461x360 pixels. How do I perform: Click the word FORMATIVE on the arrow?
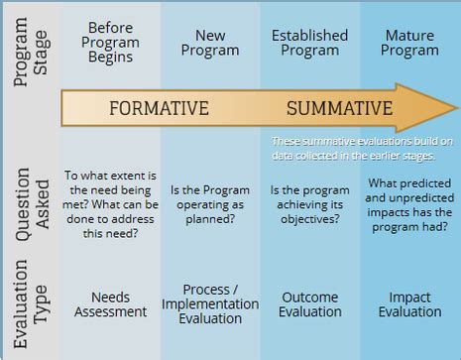pyautogui.click(x=159, y=108)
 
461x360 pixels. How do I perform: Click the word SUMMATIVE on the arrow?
pyautogui.click(x=340, y=108)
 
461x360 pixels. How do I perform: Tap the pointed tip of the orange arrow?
pyautogui.click(x=455, y=108)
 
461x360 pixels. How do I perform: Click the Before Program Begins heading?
pyautogui.click(x=110, y=43)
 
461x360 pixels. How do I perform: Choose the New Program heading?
pyautogui.click(x=209, y=43)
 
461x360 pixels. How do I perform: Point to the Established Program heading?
pyautogui.click(x=309, y=43)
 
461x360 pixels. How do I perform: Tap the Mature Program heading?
pyautogui.click(x=409, y=43)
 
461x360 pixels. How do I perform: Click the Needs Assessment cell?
pyautogui.click(x=110, y=304)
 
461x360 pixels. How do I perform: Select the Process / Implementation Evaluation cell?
pyautogui.click(x=209, y=304)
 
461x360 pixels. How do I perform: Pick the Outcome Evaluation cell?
pyautogui.click(x=309, y=304)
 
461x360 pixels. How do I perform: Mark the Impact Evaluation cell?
pyautogui.click(x=409, y=304)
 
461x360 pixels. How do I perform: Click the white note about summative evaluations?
pyautogui.click(x=362, y=149)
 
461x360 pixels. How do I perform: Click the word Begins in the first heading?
pyautogui.click(x=110, y=59)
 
